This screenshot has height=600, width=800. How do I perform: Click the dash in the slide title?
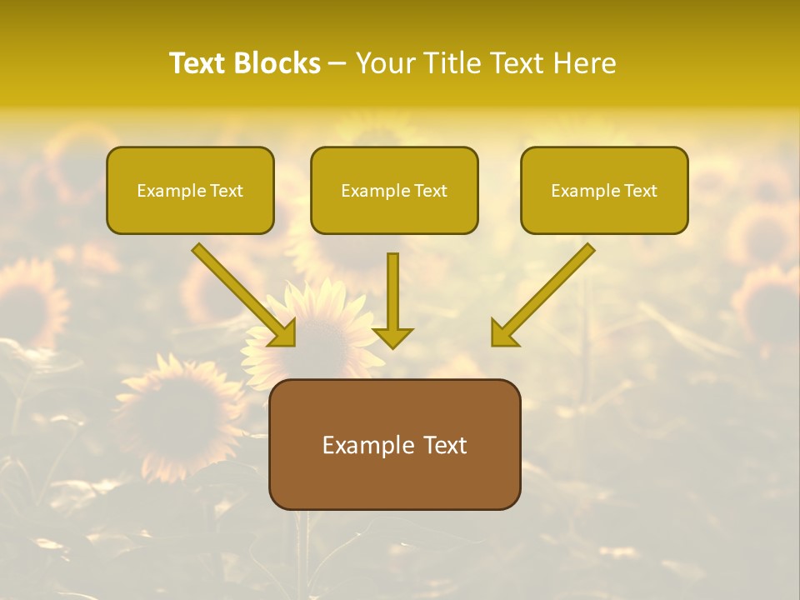point(338,64)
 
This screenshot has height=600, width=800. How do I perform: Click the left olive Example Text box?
point(190,190)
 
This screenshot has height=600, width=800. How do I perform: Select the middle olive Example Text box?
point(394,190)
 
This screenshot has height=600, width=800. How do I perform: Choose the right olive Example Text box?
point(604,190)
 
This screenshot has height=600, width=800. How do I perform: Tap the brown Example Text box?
point(394,444)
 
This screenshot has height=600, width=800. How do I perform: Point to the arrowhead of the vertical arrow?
point(392,337)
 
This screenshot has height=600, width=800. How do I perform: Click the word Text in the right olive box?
point(640,191)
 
